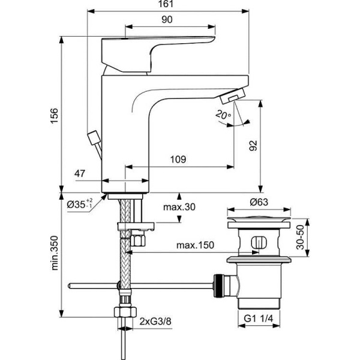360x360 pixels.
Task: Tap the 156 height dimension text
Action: [53, 113]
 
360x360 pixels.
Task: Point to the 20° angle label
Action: [224, 115]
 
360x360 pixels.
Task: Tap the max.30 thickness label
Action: [179, 207]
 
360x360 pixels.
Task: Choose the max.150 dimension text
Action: [196, 245]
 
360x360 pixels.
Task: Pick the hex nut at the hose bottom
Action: [124, 313]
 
